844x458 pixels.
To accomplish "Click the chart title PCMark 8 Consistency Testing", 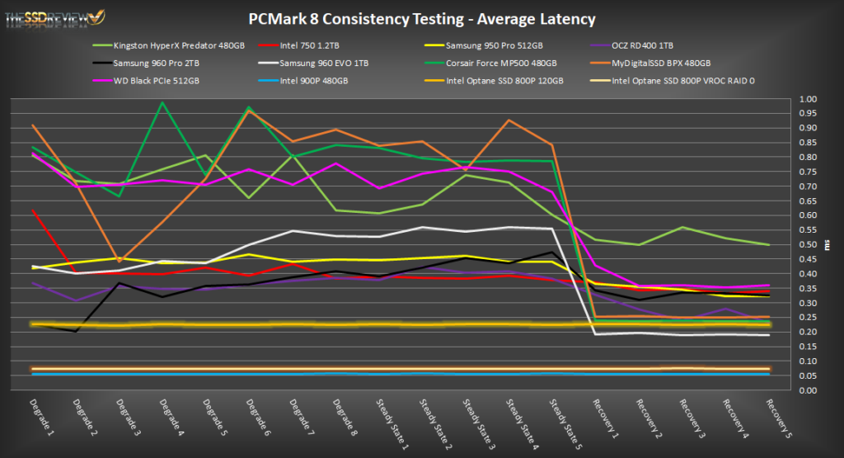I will point(422,18).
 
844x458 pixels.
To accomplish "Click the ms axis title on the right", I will point(828,245).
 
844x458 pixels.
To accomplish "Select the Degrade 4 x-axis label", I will point(168,418).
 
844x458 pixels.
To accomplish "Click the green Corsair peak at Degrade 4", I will point(163,102).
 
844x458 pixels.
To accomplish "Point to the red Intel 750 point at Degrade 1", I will point(33,210).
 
